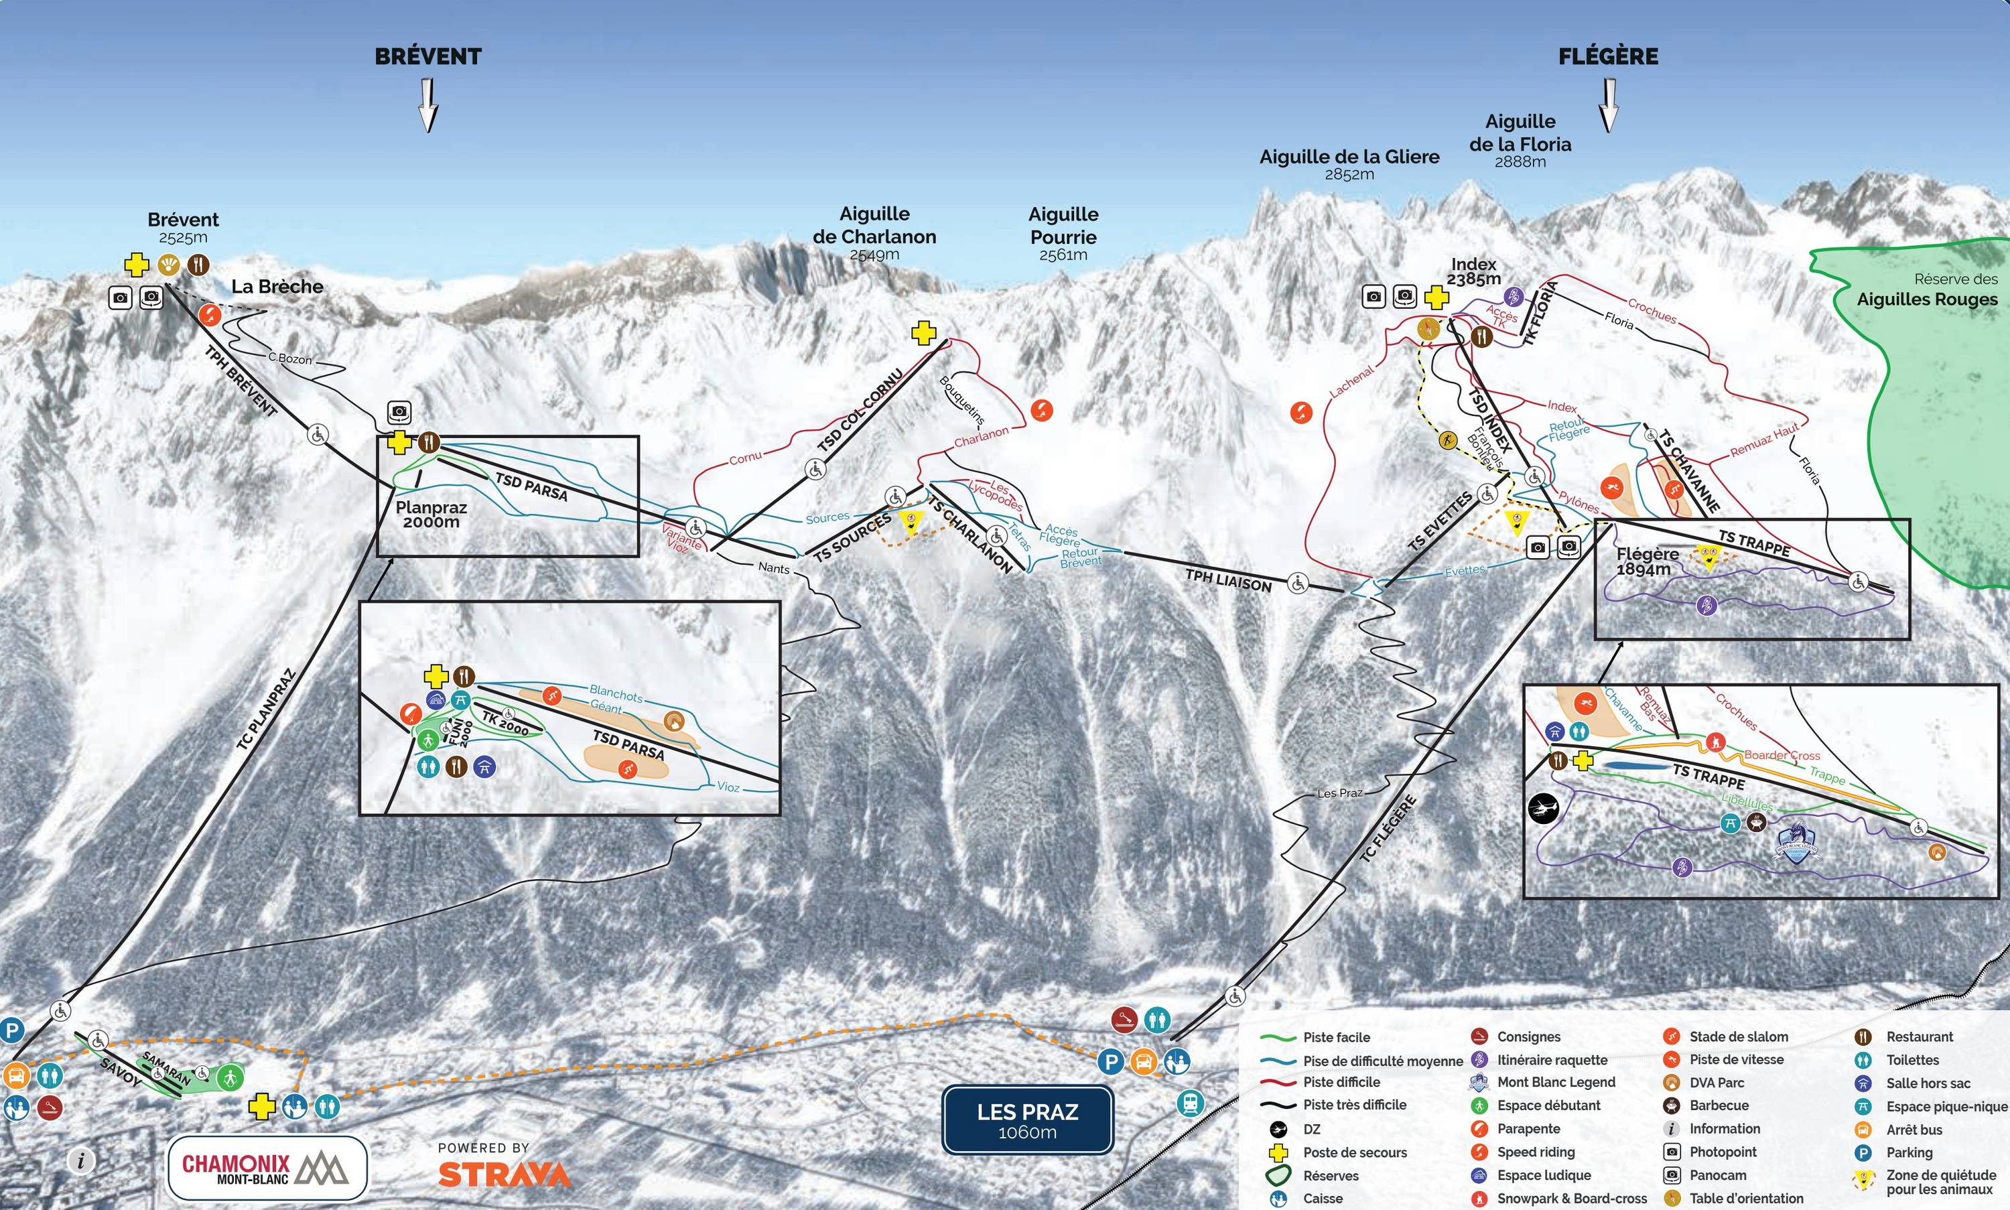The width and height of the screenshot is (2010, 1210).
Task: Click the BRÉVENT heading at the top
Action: coord(428,56)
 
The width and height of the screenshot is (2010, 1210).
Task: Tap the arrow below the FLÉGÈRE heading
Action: coord(1608,106)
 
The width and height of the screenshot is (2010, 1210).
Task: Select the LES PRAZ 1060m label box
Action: coord(1027,1120)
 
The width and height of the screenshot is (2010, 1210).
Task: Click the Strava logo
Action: coord(504,1173)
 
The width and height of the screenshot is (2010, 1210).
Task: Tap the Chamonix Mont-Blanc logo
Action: coord(267,1168)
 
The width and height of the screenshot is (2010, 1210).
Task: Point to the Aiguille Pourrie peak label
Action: coord(1063,234)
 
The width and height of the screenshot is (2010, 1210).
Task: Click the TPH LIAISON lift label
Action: coord(1228,580)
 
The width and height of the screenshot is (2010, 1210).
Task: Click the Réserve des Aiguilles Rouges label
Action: coord(1927,290)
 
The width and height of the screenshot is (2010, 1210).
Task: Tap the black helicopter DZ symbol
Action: coord(1544,809)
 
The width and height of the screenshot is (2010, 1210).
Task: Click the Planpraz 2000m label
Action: coord(431,514)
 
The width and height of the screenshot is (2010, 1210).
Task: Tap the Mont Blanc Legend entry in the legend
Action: coord(1555,1082)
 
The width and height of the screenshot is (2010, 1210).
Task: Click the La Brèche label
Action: coord(277,287)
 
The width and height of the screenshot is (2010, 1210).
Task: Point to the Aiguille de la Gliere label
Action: coord(1349,162)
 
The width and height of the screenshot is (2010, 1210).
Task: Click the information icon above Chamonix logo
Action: coord(80,1160)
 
